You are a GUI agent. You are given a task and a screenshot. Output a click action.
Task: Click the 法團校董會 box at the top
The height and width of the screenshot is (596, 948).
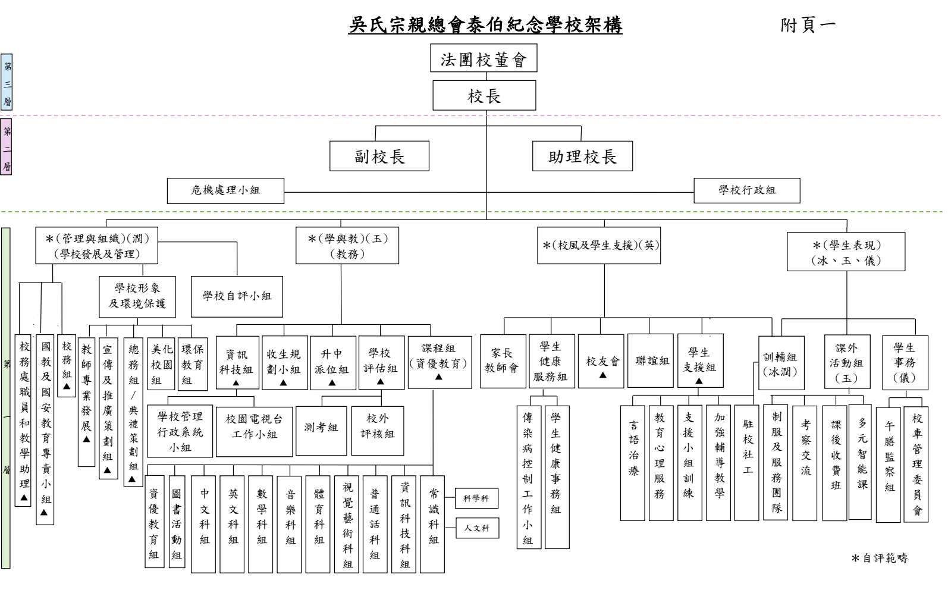484,58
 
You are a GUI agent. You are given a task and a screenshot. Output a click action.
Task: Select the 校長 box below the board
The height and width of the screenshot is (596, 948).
484,96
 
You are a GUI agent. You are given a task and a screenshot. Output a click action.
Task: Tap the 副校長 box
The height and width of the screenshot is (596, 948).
379,156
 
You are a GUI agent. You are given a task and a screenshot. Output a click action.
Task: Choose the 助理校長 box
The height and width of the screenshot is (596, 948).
582,156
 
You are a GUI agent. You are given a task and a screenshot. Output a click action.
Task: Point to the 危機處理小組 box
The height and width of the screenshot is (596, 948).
225,190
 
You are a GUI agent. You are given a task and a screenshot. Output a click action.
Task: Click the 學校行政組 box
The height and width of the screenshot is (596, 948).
746,190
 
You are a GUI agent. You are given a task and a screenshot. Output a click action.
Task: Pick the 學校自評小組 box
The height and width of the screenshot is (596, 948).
237,296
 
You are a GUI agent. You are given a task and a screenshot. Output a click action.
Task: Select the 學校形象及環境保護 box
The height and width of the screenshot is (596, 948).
137,296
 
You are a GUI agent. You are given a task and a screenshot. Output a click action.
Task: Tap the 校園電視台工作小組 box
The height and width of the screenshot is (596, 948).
255,426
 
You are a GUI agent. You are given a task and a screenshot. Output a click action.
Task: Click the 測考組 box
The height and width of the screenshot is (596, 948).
321,427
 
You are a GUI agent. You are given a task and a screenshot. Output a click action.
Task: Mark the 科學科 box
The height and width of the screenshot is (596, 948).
476,498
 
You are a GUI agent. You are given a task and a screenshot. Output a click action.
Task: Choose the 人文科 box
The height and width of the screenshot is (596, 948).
476,528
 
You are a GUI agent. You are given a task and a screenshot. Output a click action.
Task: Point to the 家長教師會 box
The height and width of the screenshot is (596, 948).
503,361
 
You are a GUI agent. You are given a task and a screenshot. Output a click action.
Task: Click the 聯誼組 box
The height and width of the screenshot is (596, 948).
652,361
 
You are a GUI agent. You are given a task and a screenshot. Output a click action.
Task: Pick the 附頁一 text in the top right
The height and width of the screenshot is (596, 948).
808,25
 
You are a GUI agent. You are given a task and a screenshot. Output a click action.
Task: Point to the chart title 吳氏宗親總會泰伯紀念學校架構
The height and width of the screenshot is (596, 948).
485,26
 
